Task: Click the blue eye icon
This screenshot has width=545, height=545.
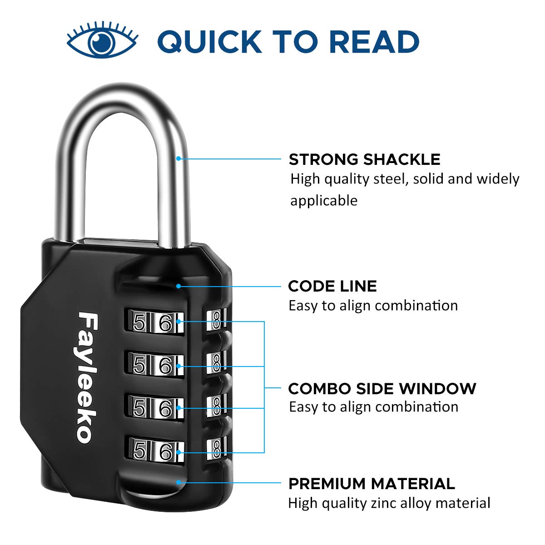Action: click(x=102, y=41)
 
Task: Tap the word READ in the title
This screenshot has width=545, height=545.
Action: click(x=373, y=41)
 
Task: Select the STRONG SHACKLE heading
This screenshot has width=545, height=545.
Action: click(x=364, y=159)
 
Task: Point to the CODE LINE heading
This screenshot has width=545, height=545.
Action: click(x=332, y=286)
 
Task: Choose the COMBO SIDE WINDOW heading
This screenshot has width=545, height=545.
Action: click(x=382, y=389)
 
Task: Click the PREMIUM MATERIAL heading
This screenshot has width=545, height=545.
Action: click(x=372, y=484)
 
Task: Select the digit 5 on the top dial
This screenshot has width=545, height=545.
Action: click(x=139, y=323)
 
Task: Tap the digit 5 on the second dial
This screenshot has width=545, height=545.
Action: click(x=139, y=366)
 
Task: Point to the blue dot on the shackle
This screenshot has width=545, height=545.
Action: click(x=179, y=159)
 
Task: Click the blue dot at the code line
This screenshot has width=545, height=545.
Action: click(x=179, y=286)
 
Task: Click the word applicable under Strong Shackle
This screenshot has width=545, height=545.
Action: click(x=324, y=200)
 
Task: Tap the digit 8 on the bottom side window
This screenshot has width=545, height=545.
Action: click(x=217, y=449)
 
